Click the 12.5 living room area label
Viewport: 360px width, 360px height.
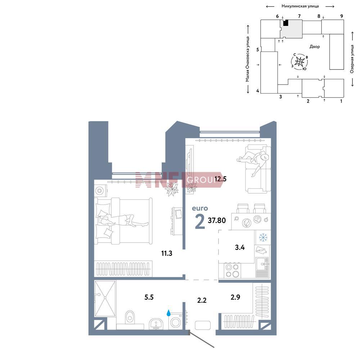(x=220, y=179)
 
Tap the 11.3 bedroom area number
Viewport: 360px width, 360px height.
(x=167, y=253)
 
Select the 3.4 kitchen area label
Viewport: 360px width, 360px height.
(x=240, y=248)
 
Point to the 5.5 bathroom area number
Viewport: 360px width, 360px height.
(x=149, y=297)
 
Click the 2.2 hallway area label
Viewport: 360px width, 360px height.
(x=202, y=300)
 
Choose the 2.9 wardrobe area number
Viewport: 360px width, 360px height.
(x=235, y=297)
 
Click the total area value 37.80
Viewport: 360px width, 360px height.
(x=217, y=220)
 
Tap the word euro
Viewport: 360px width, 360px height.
(x=200, y=208)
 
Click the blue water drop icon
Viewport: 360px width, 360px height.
(x=168, y=313)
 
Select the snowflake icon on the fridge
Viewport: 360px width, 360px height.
(x=263, y=237)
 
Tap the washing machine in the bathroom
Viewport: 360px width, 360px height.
(x=176, y=321)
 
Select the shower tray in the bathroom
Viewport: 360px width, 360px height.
(x=105, y=298)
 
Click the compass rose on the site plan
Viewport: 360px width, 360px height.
(x=300, y=62)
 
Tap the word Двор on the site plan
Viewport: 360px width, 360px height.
(x=315, y=46)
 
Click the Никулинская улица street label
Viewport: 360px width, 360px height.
(x=300, y=6)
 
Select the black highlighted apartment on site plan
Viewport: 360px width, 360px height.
(x=285, y=23)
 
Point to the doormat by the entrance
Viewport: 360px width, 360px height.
(x=202, y=325)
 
